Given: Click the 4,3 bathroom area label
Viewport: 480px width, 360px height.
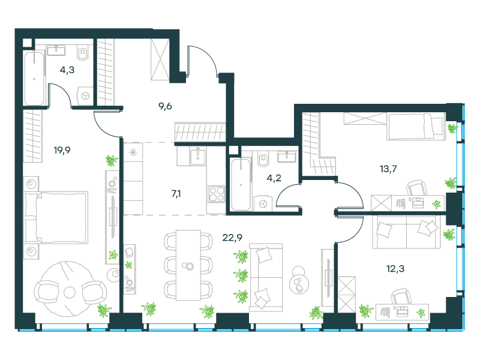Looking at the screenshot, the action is [67, 70].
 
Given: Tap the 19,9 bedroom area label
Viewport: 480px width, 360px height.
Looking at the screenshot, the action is [62, 151].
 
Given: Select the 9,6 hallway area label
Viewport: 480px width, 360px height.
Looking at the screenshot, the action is [165, 106].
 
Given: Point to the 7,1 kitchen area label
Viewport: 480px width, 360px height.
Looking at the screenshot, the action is [176, 193].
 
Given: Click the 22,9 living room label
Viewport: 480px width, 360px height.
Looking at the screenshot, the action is [232, 237].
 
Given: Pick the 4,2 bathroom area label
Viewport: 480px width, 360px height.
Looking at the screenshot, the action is [274, 178].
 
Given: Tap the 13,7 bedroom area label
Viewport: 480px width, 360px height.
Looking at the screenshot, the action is [388, 169].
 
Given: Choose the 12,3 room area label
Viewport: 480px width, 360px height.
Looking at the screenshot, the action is [395, 269].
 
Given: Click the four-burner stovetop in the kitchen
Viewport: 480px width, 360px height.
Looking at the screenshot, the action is [217, 194].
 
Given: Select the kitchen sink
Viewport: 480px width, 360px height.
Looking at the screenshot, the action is [198, 155].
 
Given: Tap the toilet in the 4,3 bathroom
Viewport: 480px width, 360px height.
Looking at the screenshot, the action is [83, 53].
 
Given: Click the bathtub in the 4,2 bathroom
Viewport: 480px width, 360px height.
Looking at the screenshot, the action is [241, 185].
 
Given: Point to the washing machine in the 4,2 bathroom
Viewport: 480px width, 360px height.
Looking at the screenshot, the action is [263, 203].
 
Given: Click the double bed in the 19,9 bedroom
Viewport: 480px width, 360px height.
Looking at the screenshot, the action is [56, 218].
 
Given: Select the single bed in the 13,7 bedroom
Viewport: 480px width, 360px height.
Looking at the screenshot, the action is [415, 126].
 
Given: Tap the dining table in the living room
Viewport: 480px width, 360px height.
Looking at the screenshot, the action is [188, 265].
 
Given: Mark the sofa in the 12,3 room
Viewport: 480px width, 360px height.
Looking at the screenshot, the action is [406, 232].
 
